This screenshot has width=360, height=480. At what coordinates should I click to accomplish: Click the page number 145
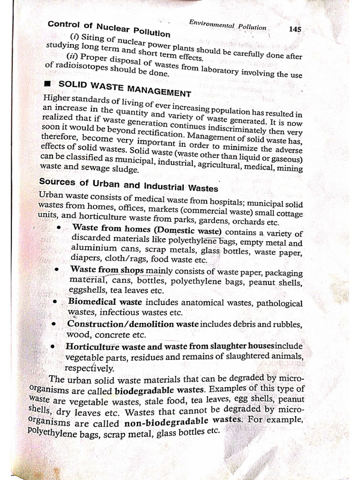(x=295, y=29)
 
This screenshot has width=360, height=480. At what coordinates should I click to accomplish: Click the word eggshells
(x=86, y=290)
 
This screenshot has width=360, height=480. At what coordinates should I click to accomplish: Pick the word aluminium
(x=94, y=247)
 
